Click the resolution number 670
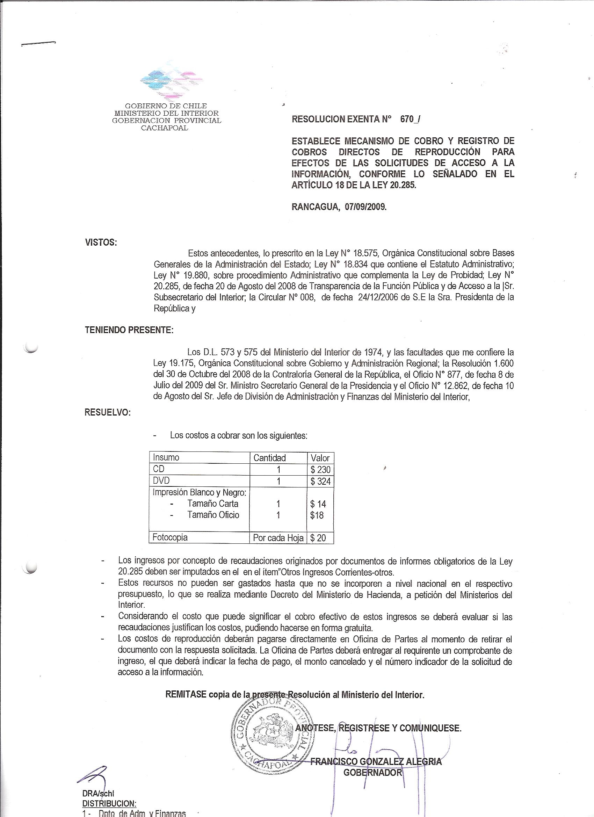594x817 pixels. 407,120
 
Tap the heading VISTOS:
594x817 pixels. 101,243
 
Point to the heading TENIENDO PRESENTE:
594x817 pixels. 129,330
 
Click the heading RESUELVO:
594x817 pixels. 107,412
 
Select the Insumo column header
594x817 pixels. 166,457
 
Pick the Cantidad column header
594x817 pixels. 269,458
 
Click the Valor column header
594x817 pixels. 320,458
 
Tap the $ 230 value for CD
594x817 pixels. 320,469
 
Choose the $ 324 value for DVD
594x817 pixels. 320,481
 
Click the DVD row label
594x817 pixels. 161,481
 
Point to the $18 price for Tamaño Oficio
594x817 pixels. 317,515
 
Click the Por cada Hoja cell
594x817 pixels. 278,538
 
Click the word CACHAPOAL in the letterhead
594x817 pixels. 164,128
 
